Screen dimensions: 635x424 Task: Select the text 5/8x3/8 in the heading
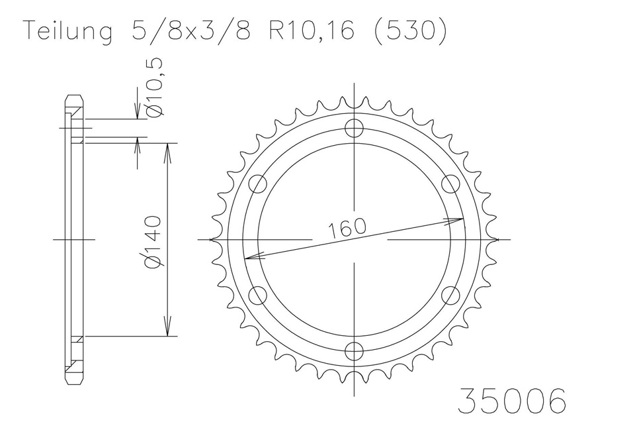pyautogui.click(x=191, y=30)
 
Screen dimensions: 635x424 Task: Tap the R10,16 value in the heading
pyautogui.click(x=312, y=31)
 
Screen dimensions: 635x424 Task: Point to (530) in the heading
pyautogui.click(x=409, y=31)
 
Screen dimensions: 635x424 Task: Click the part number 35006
pyautogui.click(x=511, y=400)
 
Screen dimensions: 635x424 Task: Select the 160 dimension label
pyautogui.click(x=347, y=228)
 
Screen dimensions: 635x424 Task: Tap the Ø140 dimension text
pyautogui.click(x=154, y=242)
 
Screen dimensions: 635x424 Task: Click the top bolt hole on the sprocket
pyautogui.click(x=355, y=129)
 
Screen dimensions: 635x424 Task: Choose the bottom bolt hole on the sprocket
pyautogui.click(x=355, y=350)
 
